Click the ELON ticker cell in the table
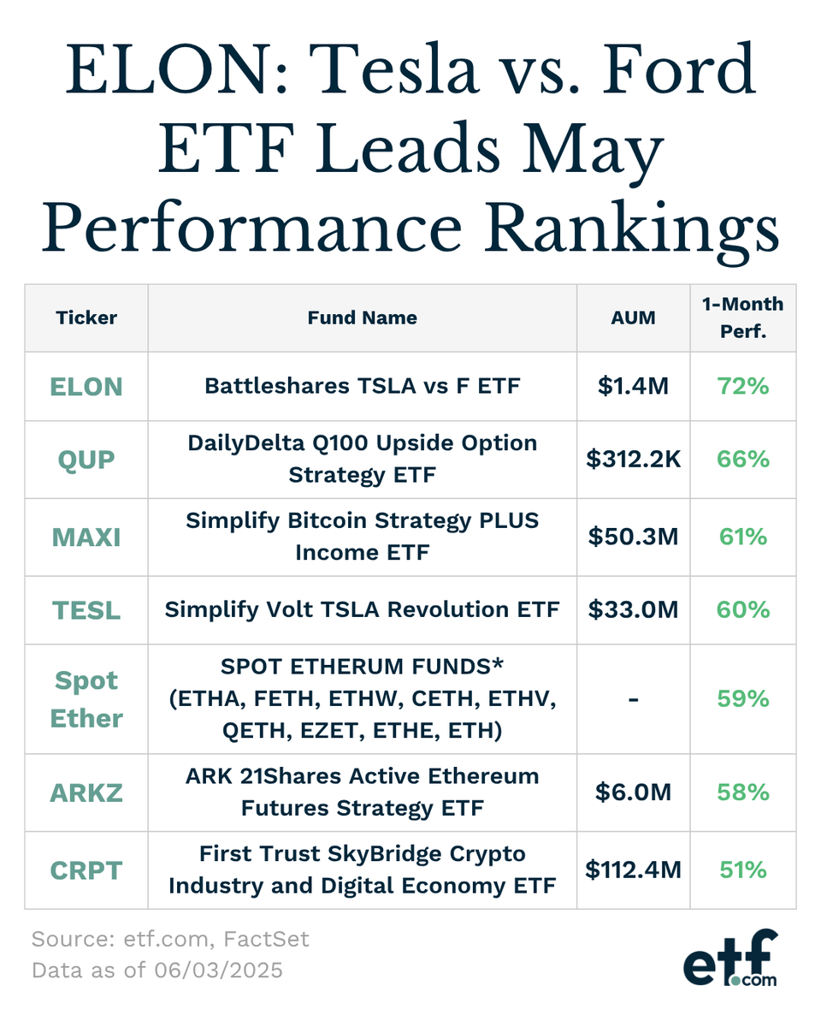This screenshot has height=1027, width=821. [86, 387]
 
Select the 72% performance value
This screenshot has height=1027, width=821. [743, 387]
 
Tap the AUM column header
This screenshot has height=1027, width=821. [634, 318]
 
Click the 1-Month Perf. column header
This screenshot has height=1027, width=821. [743, 318]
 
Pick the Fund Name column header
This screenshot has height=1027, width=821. [362, 318]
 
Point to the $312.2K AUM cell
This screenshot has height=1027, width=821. [634, 460]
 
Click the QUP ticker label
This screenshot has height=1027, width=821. [86, 460]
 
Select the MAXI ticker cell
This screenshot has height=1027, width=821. [86, 537]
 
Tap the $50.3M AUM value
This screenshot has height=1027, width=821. [634, 537]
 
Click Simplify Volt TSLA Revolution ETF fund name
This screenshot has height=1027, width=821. [362, 610]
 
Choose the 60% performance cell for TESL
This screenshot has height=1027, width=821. [743, 610]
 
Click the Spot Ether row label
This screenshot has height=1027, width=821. [86, 699]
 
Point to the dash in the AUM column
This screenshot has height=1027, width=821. [634, 700]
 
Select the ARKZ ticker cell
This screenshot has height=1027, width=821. [86, 793]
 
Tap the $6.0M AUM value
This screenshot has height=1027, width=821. [634, 793]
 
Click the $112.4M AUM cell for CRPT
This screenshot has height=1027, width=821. [634, 870]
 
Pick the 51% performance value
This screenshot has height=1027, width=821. [743, 870]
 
